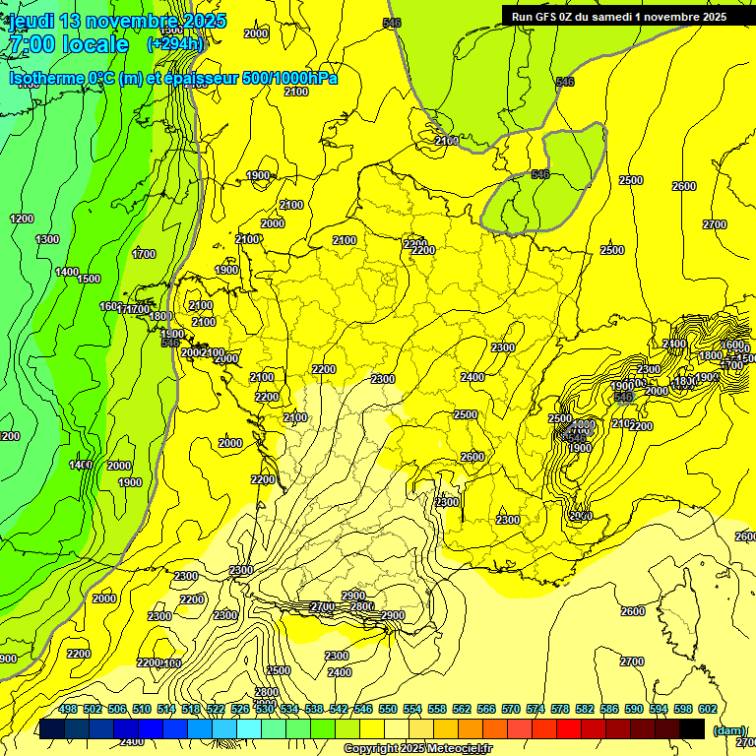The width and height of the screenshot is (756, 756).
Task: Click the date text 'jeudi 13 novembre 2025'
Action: (117, 21)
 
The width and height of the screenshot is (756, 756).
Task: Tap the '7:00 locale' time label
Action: (68, 44)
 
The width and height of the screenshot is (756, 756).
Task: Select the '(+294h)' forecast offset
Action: (176, 44)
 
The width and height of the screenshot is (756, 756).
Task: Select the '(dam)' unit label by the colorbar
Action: (728, 730)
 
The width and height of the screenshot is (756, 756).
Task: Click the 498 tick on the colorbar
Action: (68, 709)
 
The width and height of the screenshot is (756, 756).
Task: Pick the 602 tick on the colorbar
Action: (707, 709)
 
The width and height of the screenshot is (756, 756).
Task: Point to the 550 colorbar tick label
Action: (388, 709)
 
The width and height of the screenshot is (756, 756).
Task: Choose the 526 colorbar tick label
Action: (240, 709)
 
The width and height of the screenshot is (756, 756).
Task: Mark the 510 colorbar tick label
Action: (142, 709)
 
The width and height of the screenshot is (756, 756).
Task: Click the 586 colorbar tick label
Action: (609, 709)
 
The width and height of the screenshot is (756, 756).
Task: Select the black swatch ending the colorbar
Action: (692, 728)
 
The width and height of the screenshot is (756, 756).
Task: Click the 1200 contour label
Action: (21, 219)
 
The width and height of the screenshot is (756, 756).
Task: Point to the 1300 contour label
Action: (46, 239)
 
